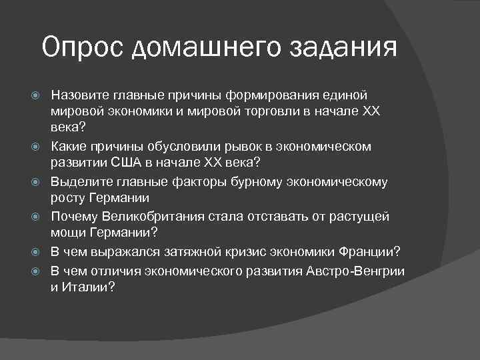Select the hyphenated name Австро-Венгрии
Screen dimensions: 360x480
356,269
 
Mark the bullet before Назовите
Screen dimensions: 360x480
37,95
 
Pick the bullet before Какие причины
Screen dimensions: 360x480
37,147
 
